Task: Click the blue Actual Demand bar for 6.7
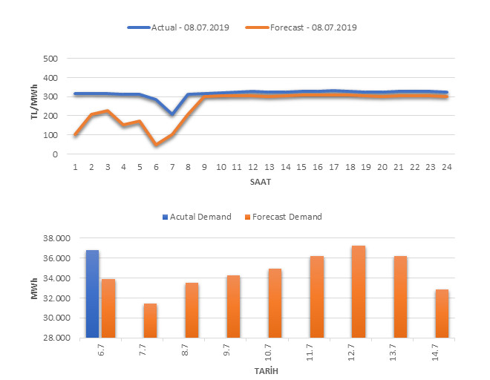click(x=92, y=294)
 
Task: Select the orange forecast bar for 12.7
click(x=359, y=292)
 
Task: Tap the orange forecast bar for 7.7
click(x=150, y=320)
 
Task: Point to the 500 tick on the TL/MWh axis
click(x=50, y=59)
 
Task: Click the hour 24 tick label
click(x=445, y=167)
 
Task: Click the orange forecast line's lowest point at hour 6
click(x=156, y=145)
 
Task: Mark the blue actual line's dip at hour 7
click(x=172, y=114)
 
